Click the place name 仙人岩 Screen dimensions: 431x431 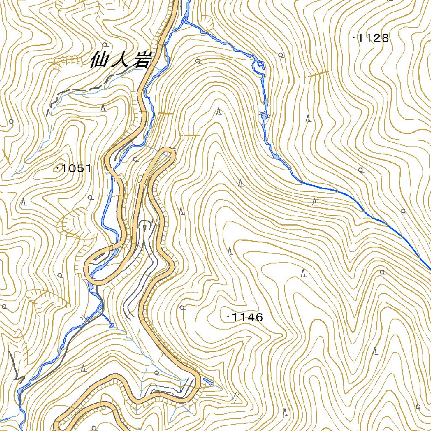120,61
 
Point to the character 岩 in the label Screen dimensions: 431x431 141,61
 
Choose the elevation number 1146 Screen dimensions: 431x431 247,318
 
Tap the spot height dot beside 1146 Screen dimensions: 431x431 228,317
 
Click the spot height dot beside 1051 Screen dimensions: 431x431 57,168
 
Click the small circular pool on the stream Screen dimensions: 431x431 260,64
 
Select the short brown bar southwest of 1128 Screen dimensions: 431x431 318,74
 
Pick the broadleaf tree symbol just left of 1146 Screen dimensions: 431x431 182,308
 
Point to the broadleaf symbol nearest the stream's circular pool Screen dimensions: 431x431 281,55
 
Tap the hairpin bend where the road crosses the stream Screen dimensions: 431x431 90,274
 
